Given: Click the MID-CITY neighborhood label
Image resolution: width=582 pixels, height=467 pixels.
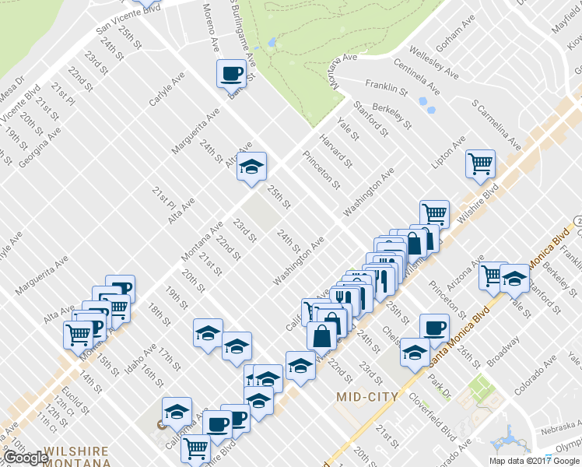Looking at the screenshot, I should click(x=367, y=397).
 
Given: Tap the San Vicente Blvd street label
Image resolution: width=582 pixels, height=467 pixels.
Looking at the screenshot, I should click(x=128, y=17).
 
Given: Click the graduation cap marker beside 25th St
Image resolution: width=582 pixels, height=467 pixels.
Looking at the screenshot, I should click(x=251, y=167).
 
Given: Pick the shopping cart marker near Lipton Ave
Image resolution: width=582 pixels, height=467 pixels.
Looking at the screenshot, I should click(x=480, y=163).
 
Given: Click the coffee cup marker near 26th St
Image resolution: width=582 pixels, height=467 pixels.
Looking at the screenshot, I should click(x=433, y=327).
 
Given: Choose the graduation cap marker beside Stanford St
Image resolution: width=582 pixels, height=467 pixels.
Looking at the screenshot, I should click(x=514, y=278).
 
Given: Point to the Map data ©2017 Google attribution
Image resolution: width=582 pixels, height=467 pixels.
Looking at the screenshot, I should click(x=534, y=460).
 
